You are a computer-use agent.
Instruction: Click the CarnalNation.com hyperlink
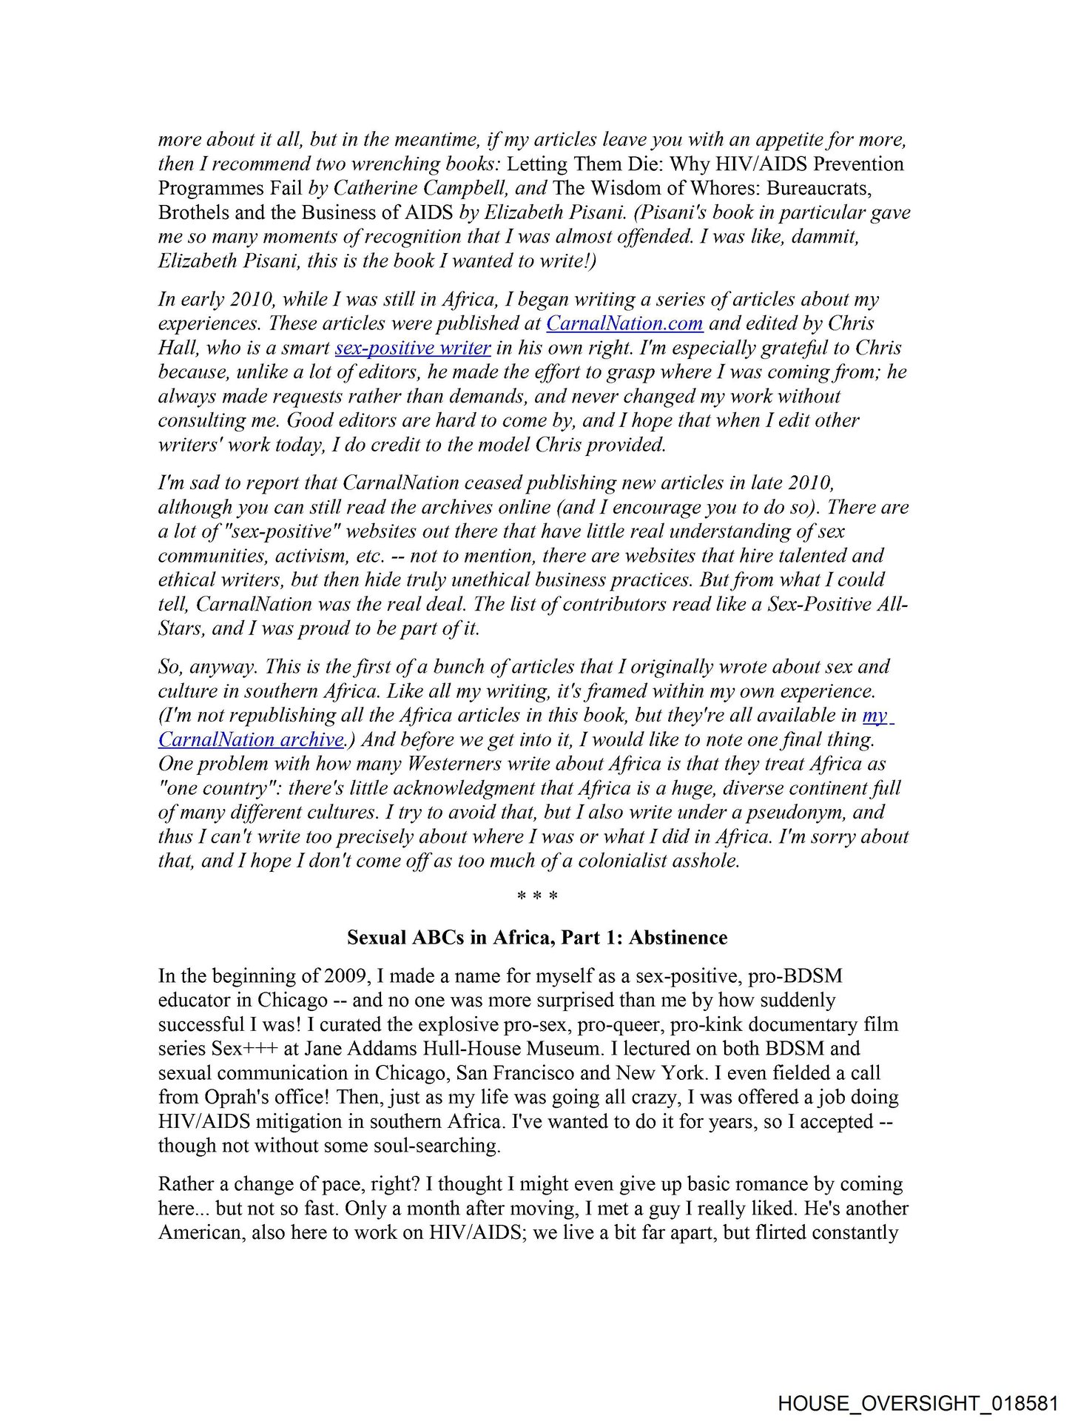(x=624, y=323)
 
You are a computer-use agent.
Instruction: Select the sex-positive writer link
(x=412, y=348)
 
